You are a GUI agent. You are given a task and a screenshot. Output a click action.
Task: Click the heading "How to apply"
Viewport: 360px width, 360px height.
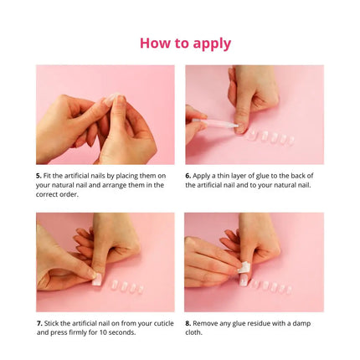point(185,43)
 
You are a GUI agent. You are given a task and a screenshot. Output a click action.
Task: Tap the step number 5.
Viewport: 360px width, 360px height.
point(39,176)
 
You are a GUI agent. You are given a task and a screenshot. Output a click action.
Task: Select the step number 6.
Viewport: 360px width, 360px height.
point(188,176)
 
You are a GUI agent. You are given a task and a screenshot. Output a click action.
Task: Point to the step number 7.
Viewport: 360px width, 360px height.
point(39,322)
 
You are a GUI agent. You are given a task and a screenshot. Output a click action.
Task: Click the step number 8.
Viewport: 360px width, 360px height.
point(188,322)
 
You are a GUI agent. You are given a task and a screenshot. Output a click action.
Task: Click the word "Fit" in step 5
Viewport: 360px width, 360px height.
point(49,176)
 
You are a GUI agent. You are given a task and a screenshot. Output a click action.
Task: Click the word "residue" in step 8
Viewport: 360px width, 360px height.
point(266,322)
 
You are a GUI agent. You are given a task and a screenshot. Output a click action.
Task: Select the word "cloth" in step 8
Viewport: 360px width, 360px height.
point(193,332)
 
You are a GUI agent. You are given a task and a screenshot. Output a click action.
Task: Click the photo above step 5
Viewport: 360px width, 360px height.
point(105,115)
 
